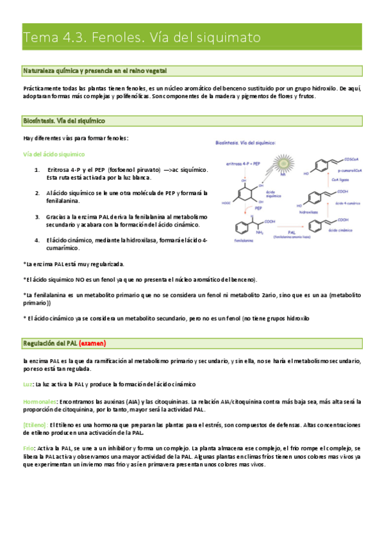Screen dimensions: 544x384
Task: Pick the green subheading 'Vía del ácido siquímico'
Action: click(x=54, y=155)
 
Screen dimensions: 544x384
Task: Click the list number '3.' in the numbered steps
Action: click(x=38, y=217)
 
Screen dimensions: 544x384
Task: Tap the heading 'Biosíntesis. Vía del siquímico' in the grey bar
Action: click(x=64, y=121)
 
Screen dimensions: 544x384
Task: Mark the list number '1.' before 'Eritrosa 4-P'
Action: click(x=38, y=169)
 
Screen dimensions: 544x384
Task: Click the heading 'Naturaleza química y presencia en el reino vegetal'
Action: click(x=96, y=70)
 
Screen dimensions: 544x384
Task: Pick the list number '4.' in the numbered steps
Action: click(x=38, y=240)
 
